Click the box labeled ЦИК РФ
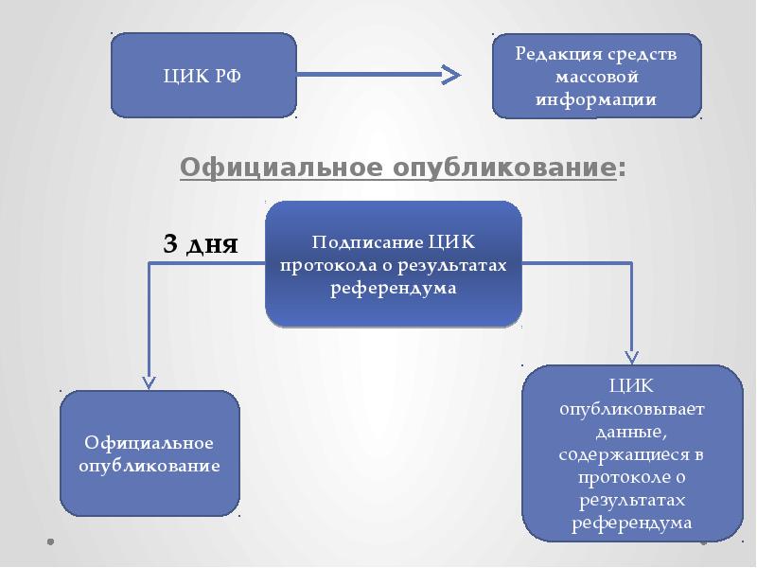tap(203, 76)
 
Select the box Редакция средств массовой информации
tap(596, 76)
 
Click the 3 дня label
tap(201, 243)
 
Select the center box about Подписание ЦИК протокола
tap(393, 264)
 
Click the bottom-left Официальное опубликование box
tap(150, 454)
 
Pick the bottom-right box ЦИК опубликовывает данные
tap(632, 453)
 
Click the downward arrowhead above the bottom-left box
tap(150, 381)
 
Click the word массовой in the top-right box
tap(596, 76)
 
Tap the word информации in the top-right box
tap(596, 98)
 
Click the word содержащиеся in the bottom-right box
tap(632, 453)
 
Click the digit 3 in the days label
tap(171, 243)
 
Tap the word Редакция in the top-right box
tap(553, 53)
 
